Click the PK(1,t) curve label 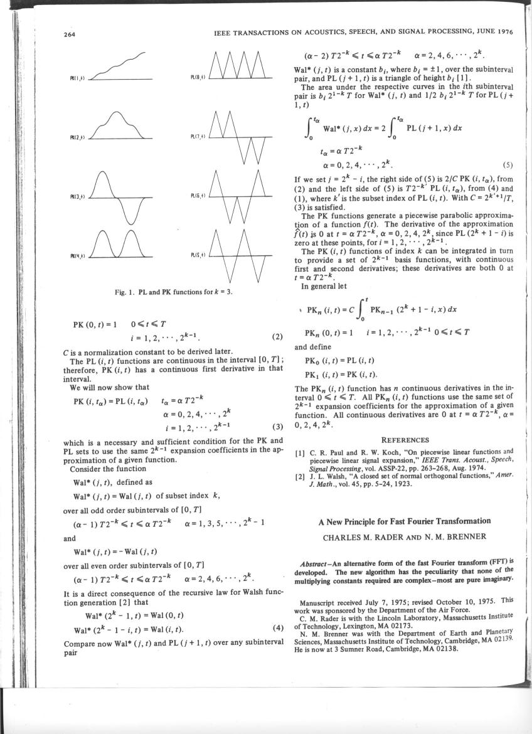[77, 78]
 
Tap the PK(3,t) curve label [77, 197]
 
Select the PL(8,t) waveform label [195, 78]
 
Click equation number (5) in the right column [508, 166]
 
